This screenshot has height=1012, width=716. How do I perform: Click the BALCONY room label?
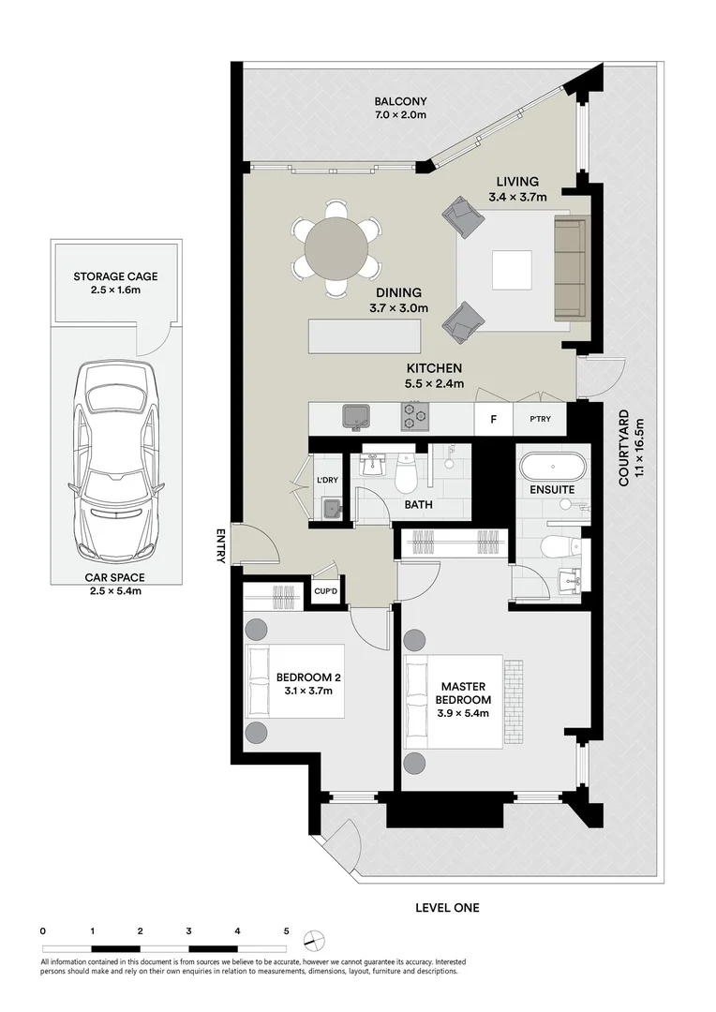tap(400, 102)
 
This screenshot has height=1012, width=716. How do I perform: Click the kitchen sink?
tap(357, 415)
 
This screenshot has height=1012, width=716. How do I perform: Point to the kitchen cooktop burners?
tap(414, 415)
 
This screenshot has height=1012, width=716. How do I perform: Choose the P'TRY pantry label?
tap(540, 419)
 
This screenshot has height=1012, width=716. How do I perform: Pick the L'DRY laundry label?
tap(327, 482)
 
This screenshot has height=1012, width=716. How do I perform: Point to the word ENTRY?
tap(221, 546)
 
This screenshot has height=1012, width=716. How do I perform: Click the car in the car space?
tap(115, 459)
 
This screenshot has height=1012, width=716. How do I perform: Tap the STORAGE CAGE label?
tap(115, 276)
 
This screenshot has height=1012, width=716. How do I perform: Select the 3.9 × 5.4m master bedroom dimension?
tap(462, 713)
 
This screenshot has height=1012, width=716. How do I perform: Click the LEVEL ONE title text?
tap(447, 907)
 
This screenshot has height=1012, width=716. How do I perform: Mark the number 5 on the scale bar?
tap(286, 931)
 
